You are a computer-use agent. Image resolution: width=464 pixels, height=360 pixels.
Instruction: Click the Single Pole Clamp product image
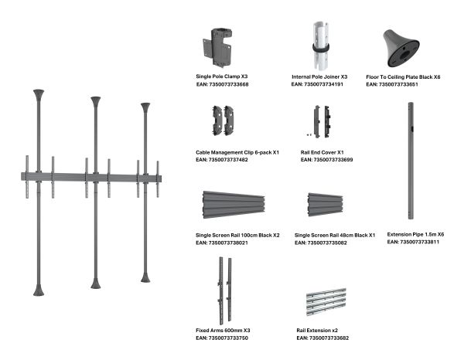point(217,48)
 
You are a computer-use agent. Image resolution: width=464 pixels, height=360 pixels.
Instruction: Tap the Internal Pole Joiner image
point(321,46)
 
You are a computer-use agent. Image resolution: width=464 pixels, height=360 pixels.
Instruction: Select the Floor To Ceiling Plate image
point(401,48)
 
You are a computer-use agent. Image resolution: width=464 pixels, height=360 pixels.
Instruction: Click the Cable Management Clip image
point(223,121)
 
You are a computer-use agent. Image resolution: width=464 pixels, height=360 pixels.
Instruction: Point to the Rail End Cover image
point(321,121)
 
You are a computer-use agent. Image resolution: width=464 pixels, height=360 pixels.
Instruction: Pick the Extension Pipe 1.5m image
point(411,161)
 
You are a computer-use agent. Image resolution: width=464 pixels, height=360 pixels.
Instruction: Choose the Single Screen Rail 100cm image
point(234,205)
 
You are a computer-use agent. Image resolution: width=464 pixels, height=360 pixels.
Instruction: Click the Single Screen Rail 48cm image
point(326,205)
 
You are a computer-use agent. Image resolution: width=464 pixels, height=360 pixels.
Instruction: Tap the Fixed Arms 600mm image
point(225,290)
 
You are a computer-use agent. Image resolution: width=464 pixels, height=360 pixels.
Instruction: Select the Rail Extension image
point(326,302)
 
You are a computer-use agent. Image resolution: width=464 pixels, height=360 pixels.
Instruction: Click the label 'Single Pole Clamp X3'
point(222,76)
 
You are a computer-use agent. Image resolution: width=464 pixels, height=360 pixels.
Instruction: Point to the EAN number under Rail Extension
point(322,338)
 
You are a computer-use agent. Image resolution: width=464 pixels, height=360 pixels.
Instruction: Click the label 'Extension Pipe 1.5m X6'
point(415,234)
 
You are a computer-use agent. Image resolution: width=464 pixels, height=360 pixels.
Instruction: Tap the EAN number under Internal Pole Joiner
point(317,84)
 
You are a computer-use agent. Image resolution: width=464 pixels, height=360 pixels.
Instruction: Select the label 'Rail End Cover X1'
point(322,152)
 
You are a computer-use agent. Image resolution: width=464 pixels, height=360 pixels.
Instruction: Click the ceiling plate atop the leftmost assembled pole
point(39,95)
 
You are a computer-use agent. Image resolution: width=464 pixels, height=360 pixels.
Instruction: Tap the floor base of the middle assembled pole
point(96,284)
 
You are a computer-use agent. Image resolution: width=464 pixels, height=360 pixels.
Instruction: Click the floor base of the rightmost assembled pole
point(145,277)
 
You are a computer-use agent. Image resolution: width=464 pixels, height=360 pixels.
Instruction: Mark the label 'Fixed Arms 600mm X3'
point(223,331)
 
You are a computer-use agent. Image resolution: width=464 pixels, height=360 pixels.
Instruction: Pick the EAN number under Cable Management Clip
point(222,160)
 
